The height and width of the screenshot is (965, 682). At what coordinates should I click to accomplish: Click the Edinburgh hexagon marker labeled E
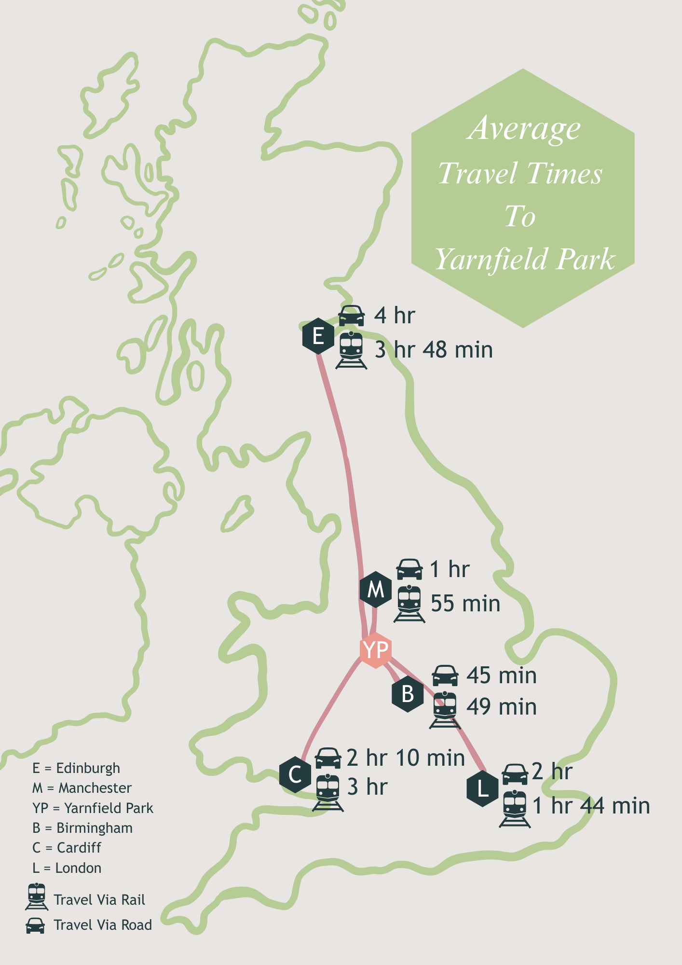click(318, 336)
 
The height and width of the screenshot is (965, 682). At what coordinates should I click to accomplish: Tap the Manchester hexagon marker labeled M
click(375, 589)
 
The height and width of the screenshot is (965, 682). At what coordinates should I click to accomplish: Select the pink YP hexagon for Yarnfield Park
click(375, 650)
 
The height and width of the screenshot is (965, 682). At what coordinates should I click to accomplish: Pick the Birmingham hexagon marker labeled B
click(408, 694)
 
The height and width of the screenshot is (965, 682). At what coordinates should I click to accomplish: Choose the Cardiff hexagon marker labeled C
click(295, 775)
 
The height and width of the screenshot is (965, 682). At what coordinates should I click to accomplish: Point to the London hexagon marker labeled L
click(482, 789)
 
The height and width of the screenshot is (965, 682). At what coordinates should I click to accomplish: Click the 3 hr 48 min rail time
click(434, 350)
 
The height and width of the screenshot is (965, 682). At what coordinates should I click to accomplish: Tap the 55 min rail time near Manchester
click(465, 604)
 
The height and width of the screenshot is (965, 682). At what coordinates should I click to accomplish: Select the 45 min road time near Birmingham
click(501, 675)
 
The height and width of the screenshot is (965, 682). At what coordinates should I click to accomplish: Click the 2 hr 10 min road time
click(406, 758)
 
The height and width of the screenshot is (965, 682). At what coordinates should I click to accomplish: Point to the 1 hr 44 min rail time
click(591, 806)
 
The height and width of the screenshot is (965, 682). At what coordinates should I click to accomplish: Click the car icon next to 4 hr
click(351, 316)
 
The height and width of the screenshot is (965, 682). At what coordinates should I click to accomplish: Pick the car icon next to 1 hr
click(409, 569)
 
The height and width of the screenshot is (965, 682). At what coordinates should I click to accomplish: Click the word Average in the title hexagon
click(523, 128)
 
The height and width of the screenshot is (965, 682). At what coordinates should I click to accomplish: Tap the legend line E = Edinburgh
click(76, 768)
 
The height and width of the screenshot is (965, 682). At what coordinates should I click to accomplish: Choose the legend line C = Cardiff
click(67, 848)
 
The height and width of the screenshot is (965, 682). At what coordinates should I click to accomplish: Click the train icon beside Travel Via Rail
click(37, 896)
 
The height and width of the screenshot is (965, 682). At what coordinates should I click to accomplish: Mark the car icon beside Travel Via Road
click(35, 925)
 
